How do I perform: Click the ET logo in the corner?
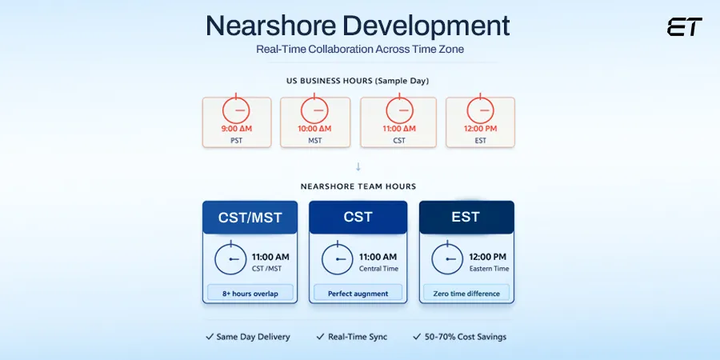click(x=684, y=27)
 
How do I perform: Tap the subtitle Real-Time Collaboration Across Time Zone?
click(x=358, y=49)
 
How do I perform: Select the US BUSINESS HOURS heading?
click(x=358, y=81)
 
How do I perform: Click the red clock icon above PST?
click(x=236, y=109)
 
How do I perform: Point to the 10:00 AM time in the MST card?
click(x=314, y=128)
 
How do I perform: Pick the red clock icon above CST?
click(x=398, y=109)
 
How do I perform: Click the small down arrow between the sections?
click(x=358, y=166)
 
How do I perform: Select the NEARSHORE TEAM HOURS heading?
click(x=358, y=186)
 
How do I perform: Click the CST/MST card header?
click(x=250, y=218)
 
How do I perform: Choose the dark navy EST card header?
click(x=466, y=218)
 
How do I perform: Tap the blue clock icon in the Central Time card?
click(x=338, y=260)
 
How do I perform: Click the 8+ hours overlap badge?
click(x=250, y=294)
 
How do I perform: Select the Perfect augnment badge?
click(x=358, y=294)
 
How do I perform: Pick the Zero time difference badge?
click(x=466, y=294)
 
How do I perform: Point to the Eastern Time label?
click(x=489, y=269)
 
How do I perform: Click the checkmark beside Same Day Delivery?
click(x=210, y=337)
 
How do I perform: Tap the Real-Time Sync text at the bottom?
click(x=358, y=337)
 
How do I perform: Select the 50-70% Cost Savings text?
click(x=465, y=337)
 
